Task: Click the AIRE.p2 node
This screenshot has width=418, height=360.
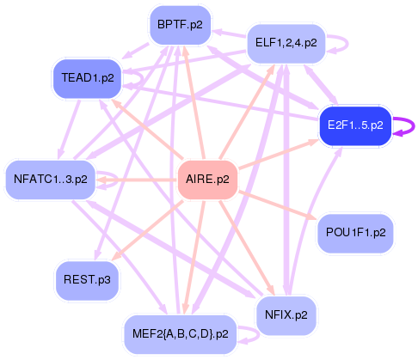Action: [206, 180]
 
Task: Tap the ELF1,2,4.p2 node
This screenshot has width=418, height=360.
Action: [286, 41]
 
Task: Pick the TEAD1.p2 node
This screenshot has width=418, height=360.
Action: [84, 77]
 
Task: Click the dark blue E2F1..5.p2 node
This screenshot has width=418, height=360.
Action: [355, 125]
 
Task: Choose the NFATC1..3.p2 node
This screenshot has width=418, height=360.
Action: [51, 180]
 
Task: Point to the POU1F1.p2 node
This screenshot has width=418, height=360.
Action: [355, 232]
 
